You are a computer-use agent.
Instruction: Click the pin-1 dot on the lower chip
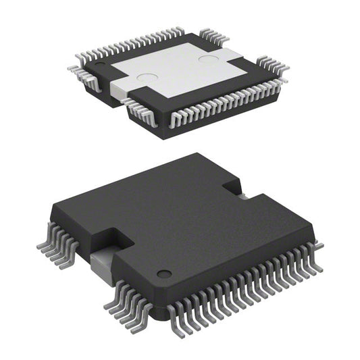pyautogui.click(x=163, y=274)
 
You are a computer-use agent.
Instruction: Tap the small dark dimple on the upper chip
pyautogui.click(x=100, y=66)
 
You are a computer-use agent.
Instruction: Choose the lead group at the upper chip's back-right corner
pyautogui.click(x=272, y=66)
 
